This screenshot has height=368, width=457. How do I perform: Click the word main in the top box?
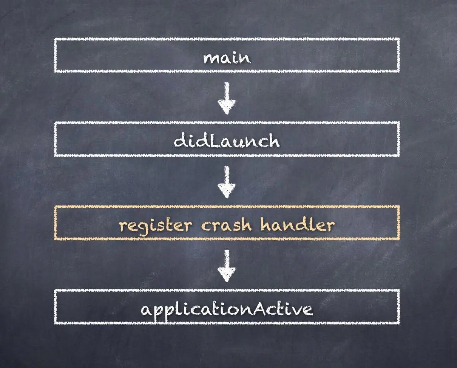[x=227, y=58]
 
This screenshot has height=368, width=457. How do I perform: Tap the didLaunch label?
[x=227, y=141]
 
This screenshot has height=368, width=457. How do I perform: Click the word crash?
[x=226, y=225]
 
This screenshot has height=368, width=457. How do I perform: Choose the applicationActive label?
[x=227, y=309]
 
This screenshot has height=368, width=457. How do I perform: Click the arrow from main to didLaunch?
[x=227, y=98]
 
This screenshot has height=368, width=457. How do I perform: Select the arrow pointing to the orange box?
[x=227, y=182]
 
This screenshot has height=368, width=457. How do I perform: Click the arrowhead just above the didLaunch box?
[x=227, y=107]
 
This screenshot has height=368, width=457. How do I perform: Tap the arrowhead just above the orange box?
[x=227, y=191]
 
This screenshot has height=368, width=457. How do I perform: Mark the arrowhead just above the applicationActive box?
[x=227, y=274]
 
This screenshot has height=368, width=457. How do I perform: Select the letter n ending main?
[x=245, y=59]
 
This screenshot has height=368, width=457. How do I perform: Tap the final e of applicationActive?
[x=308, y=310]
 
